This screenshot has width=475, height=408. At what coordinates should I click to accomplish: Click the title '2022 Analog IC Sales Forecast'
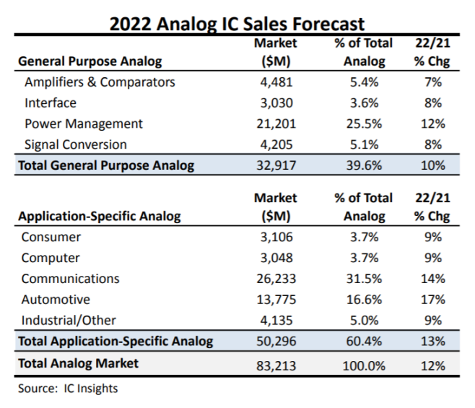[237, 23]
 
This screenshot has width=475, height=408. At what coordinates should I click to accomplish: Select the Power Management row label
[84, 123]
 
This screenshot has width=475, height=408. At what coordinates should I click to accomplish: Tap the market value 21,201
[276, 123]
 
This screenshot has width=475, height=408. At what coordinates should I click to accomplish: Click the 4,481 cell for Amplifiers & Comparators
[276, 82]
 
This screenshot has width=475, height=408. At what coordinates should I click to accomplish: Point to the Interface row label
[51, 103]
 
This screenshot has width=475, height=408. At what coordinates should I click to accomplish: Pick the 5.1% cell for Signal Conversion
[363, 144]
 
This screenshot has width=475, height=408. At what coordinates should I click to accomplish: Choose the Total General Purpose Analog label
[106, 165]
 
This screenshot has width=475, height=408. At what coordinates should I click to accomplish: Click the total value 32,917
[276, 165]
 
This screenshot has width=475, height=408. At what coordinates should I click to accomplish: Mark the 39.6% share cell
[363, 165]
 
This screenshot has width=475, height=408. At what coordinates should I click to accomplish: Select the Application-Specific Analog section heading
[99, 216]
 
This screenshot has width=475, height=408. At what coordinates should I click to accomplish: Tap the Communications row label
[71, 279]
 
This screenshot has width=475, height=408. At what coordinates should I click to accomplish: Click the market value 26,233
[276, 279]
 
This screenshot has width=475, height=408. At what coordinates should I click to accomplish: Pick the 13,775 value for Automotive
[276, 299]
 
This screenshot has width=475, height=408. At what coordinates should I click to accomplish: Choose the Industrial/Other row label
[69, 320]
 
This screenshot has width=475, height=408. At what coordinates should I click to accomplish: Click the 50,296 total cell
[276, 341]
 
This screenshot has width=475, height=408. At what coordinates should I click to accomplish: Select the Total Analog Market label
[78, 363]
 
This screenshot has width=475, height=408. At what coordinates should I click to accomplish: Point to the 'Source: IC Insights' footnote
[69, 389]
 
